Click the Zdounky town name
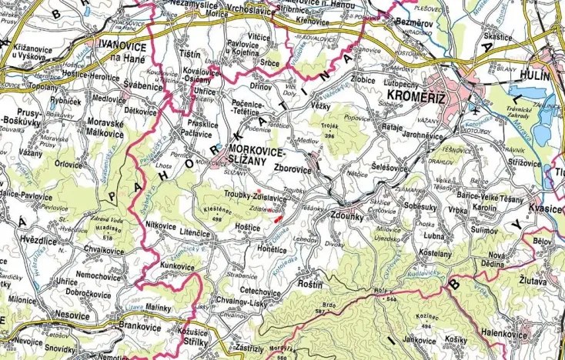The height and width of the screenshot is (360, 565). pos(353,216)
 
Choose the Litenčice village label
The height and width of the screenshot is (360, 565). pos(195,232)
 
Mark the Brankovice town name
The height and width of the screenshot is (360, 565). pos(136,325)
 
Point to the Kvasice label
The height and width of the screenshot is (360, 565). pos(545,208)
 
